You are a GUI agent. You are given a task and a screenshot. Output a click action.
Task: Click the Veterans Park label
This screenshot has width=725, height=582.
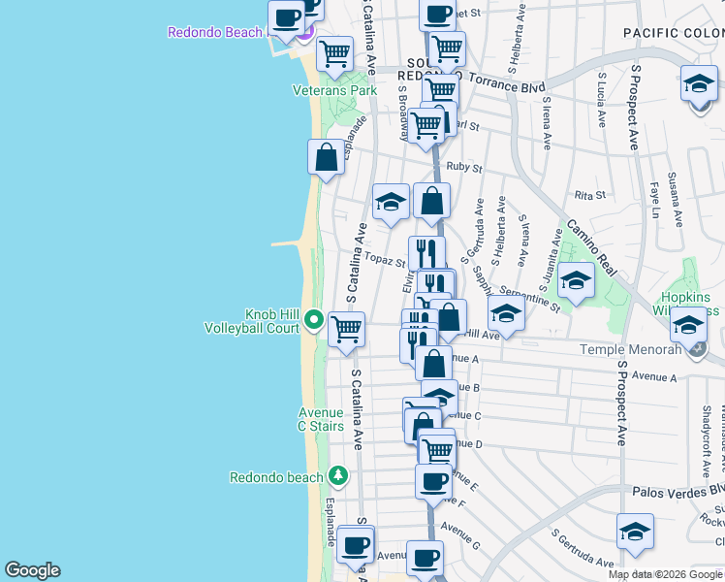[x=334, y=90]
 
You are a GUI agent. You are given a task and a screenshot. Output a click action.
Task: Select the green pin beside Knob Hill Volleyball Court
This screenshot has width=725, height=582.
[x=313, y=319]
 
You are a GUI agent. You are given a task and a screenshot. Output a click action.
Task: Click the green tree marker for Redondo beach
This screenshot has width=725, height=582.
[x=337, y=475]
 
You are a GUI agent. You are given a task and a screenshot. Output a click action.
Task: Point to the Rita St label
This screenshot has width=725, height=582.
[x=589, y=195]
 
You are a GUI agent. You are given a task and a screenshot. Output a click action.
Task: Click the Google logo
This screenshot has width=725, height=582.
[x=32, y=570]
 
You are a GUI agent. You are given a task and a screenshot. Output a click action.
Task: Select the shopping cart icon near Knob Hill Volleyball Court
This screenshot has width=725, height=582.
[x=346, y=329]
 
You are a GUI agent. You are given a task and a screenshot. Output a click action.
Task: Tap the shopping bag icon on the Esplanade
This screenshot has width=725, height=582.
[x=327, y=157]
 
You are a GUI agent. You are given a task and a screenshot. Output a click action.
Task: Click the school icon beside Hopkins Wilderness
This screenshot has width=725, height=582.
[x=688, y=324]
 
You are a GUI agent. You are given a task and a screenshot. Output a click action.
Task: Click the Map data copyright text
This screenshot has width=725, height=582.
[x=666, y=574]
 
